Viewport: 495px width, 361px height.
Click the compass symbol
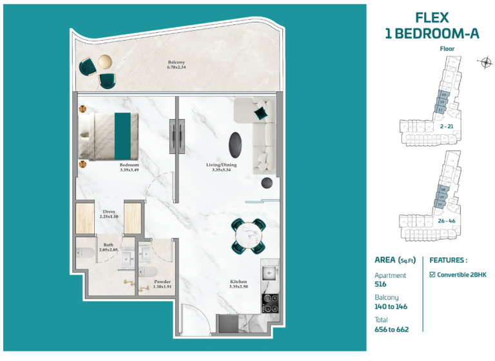point(484,63)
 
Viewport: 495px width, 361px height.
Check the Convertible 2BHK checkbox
point(432,274)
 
